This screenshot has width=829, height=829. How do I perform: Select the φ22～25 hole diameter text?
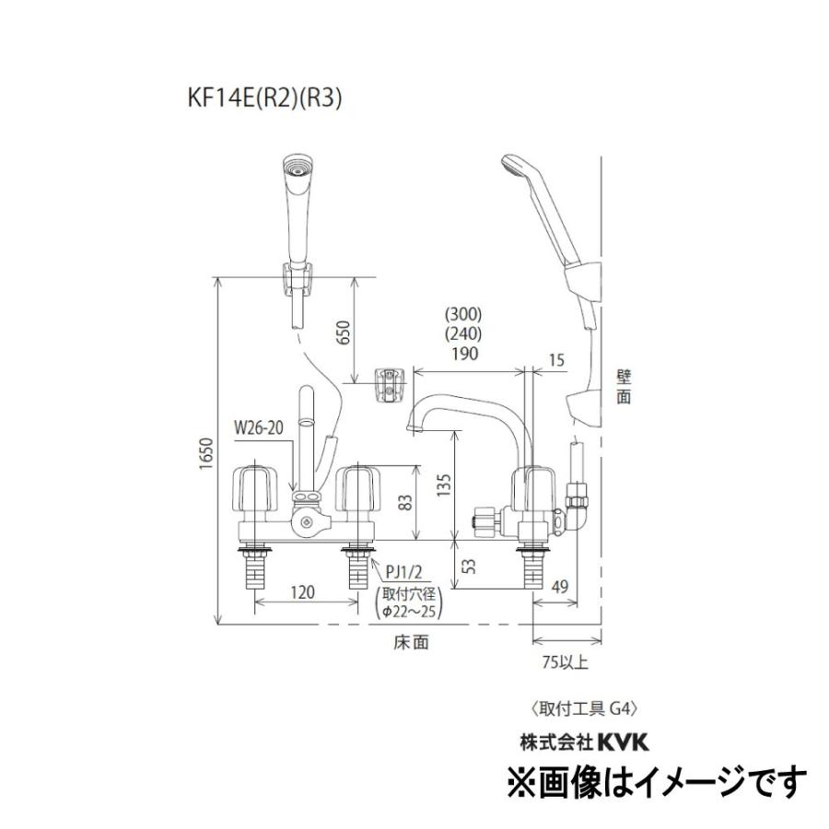[x=410, y=611]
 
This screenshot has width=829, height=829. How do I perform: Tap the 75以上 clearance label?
[x=566, y=660]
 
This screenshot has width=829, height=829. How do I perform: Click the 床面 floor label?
[x=414, y=643]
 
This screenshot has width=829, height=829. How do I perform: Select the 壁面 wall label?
[x=625, y=387]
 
